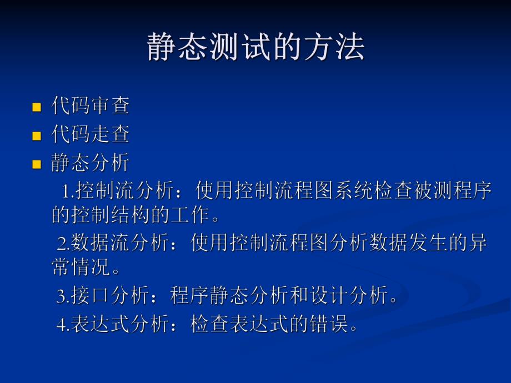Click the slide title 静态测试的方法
pos(255,47)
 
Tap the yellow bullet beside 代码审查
pos(37,107)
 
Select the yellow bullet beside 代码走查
pos(37,135)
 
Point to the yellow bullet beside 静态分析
pos(37,164)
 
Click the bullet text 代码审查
pos(91,105)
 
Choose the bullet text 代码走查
pos(91,134)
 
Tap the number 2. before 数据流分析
pos(63,243)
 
